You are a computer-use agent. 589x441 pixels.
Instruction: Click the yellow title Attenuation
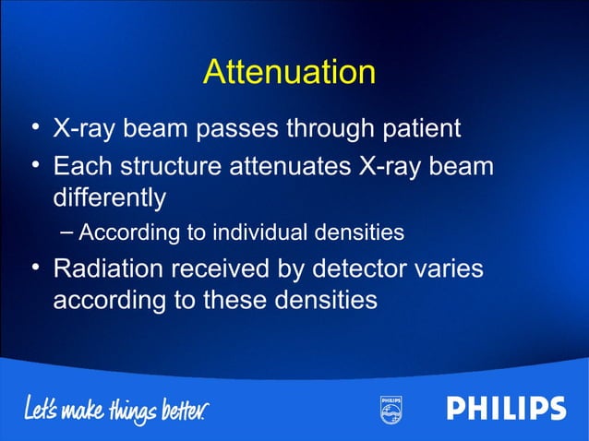tap(289, 72)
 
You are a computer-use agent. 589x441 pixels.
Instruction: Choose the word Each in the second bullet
tap(82, 168)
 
